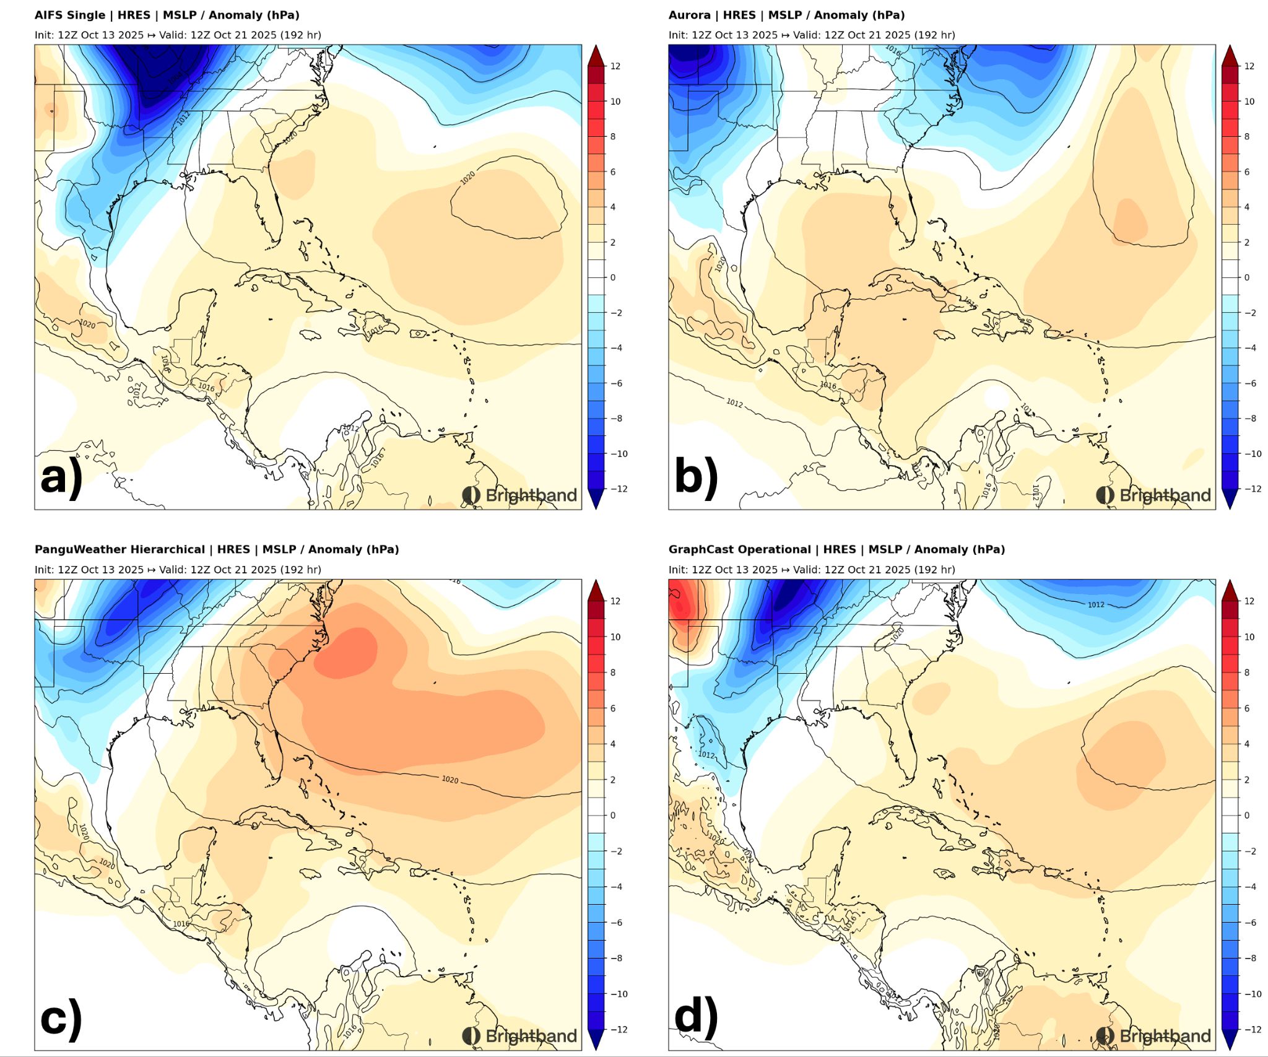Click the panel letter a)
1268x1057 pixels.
[61, 477]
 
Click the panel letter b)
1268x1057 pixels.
[695, 477]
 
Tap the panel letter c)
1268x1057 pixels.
[61, 1017]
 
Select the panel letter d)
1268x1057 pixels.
[695, 1017]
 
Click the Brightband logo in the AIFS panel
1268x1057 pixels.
[519, 495]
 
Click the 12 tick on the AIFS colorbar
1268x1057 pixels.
[615, 66]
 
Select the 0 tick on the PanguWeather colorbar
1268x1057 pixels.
[613, 815]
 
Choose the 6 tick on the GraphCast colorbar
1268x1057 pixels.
[1247, 708]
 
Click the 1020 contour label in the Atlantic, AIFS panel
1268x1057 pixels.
[467, 178]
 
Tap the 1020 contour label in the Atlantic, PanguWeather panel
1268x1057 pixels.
[450, 779]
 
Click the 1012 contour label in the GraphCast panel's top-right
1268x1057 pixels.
[1096, 604]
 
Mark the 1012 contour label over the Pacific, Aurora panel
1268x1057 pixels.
[734, 403]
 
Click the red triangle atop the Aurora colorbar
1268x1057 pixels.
[1230, 54]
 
